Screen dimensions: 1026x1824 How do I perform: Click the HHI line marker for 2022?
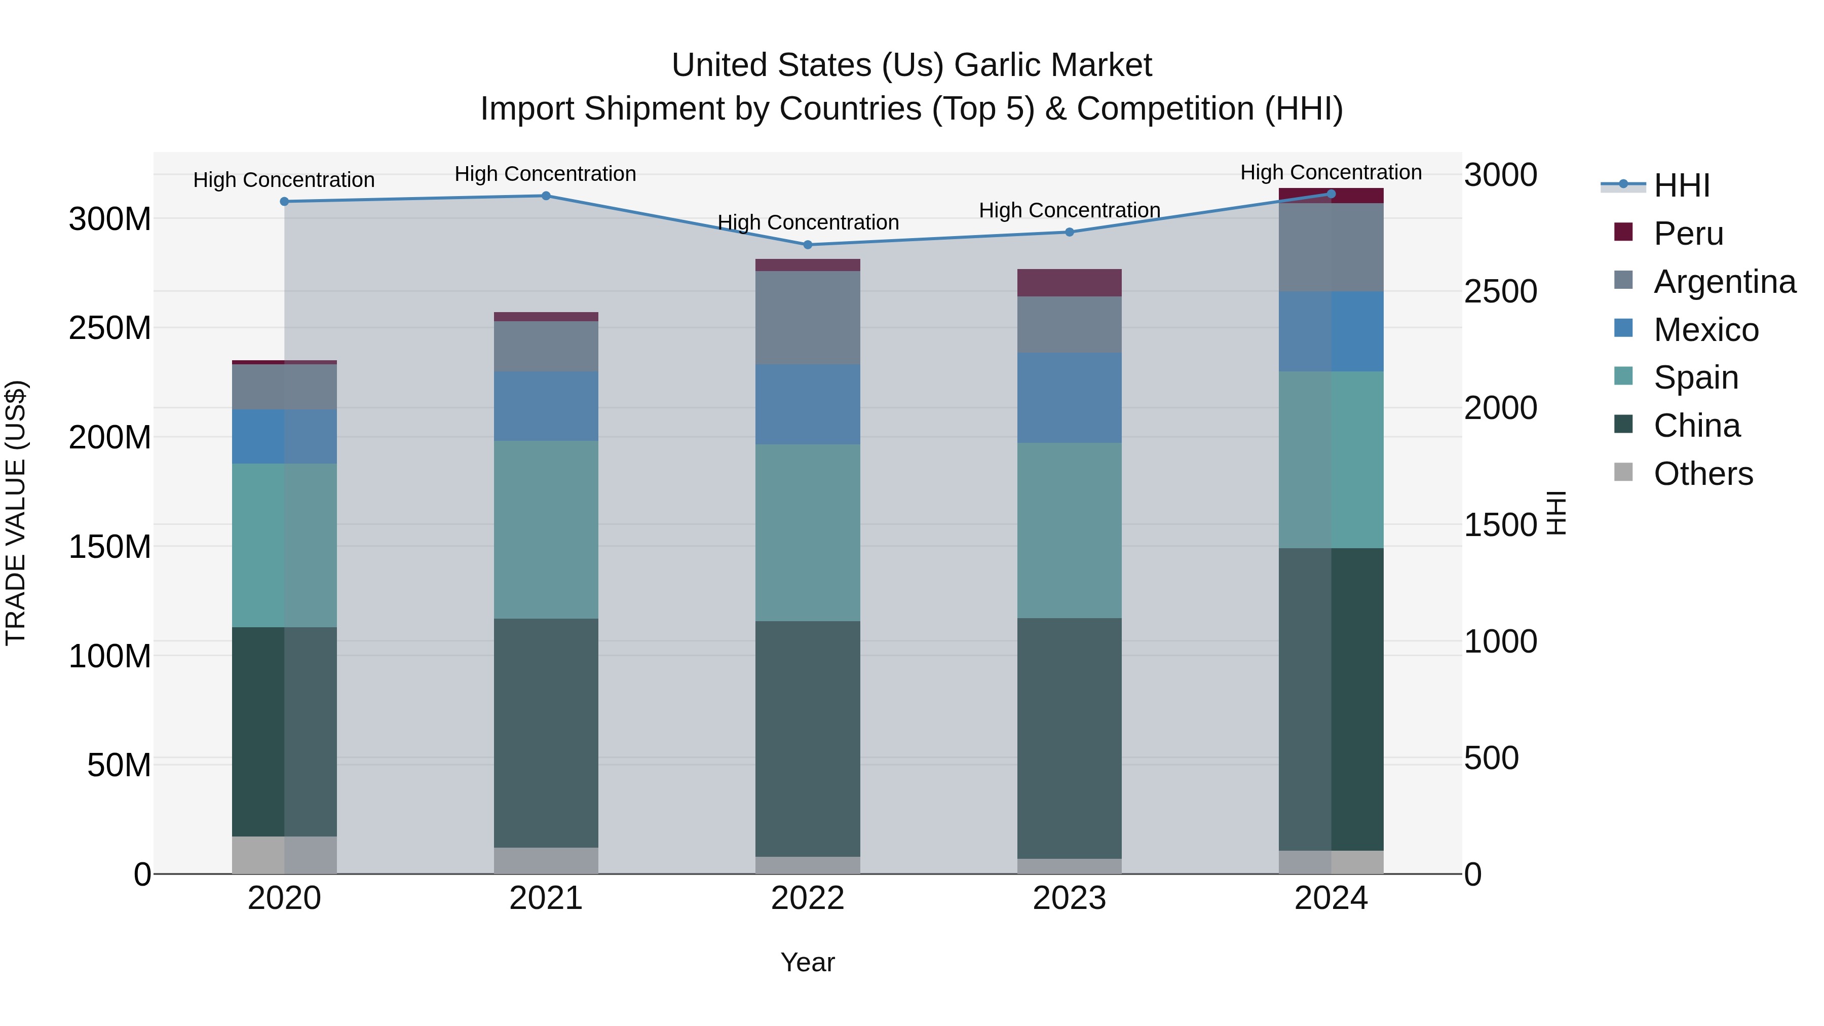click(808, 245)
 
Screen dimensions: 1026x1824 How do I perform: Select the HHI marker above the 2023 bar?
click(1069, 232)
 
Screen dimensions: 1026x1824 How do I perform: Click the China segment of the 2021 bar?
click(546, 733)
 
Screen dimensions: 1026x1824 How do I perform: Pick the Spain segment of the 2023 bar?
click(1069, 530)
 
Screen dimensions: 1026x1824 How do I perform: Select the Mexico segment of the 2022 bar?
click(808, 404)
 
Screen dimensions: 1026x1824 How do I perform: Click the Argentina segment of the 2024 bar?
click(1331, 247)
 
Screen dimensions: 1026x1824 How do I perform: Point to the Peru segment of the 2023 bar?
click(1069, 283)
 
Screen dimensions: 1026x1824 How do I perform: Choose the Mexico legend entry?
click(1706, 330)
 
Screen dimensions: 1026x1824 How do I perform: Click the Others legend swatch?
click(1623, 472)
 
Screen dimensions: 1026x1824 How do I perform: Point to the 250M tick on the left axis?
click(110, 328)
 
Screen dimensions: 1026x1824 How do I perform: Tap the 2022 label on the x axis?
click(808, 898)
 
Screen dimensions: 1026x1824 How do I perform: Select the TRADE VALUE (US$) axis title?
click(16, 513)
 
